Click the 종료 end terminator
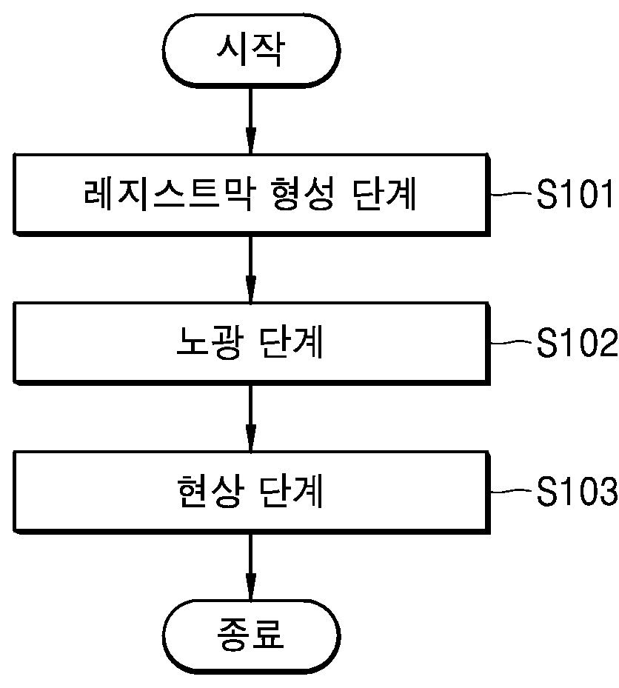251,635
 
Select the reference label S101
575,194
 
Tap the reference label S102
577,343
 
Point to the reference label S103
577,491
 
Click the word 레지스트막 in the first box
168,194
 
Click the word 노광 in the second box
208,343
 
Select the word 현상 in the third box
208,491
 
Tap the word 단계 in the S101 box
384,194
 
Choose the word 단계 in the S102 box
291,343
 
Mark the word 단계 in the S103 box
291,491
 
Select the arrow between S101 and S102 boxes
250,270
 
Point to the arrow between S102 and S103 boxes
250,418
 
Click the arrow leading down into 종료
250,567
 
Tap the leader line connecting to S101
512,193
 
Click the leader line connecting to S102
512,342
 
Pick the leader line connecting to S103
512,490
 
